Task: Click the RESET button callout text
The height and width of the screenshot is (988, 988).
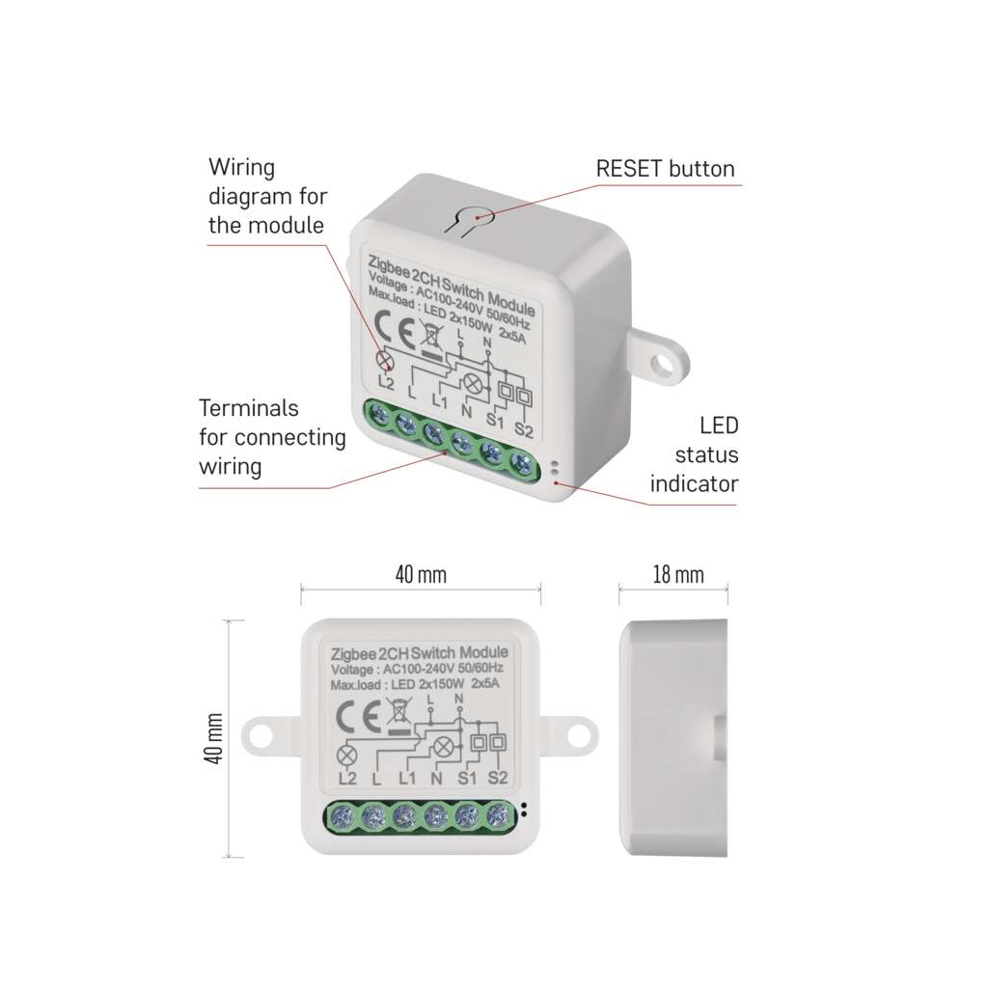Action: (665, 169)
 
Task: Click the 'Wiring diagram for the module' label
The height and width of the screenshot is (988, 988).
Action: (267, 197)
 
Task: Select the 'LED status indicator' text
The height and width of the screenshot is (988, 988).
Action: (694, 454)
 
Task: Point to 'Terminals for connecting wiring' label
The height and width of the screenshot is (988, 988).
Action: (272, 437)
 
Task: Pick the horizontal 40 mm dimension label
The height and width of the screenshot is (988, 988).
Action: (421, 575)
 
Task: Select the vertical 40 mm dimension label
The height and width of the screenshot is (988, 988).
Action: (214, 739)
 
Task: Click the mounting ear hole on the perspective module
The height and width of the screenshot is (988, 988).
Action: (662, 363)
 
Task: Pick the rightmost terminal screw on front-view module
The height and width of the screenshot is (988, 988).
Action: (498, 816)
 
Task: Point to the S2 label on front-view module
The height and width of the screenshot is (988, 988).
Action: (498, 778)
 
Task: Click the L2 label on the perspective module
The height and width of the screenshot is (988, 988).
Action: (387, 383)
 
